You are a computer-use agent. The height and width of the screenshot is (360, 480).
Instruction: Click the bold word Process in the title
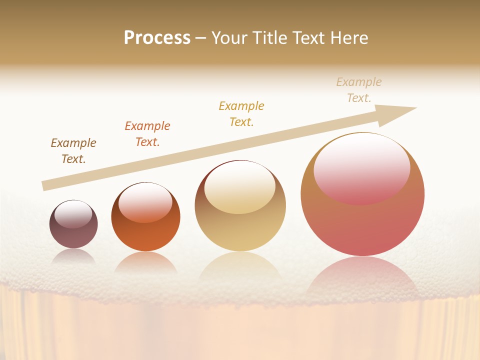(x=157, y=38)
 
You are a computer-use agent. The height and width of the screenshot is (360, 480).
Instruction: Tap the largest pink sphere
(x=362, y=225)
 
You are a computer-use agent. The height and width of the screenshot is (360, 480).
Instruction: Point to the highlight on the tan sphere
(x=240, y=187)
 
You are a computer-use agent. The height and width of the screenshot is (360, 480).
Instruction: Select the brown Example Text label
(x=73, y=151)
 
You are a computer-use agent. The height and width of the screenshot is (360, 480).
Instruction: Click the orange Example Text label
(x=147, y=134)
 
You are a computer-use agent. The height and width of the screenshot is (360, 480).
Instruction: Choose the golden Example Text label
(x=241, y=114)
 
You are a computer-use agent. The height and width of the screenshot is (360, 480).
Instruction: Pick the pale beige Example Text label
(x=359, y=90)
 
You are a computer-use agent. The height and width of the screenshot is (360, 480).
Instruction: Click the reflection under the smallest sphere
(x=73, y=256)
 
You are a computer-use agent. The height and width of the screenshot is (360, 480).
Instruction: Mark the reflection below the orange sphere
(x=145, y=262)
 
